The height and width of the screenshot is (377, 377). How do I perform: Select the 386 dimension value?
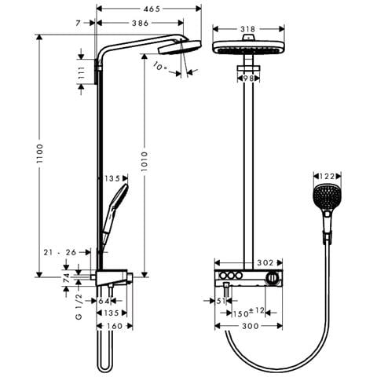(x=141, y=24)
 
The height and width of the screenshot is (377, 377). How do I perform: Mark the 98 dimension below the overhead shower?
(x=248, y=77)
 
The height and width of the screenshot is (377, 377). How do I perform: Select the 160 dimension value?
(x=115, y=325)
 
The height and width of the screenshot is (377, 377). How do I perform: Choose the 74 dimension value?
(x=68, y=276)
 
